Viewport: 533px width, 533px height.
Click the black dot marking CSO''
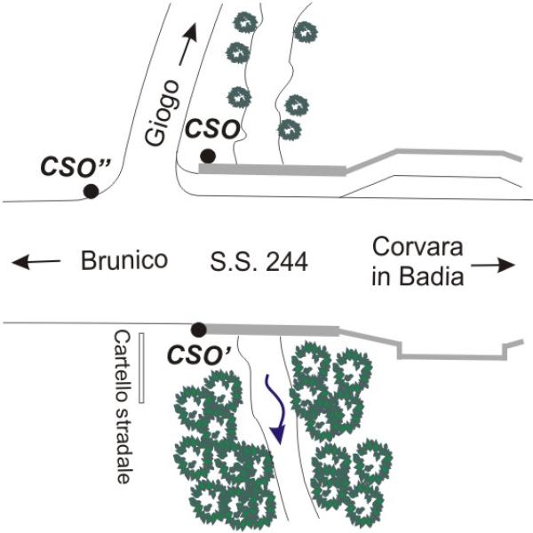click(x=90, y=190)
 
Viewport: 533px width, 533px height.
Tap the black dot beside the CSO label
click(x=206, y=156)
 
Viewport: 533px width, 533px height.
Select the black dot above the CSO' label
click(x=199, y=329)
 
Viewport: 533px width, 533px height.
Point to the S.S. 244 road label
click(x=259, y=262)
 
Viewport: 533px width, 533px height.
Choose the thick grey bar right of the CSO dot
click(x=271, y=168)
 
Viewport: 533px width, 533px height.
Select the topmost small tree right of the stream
click(x=305, y=31)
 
